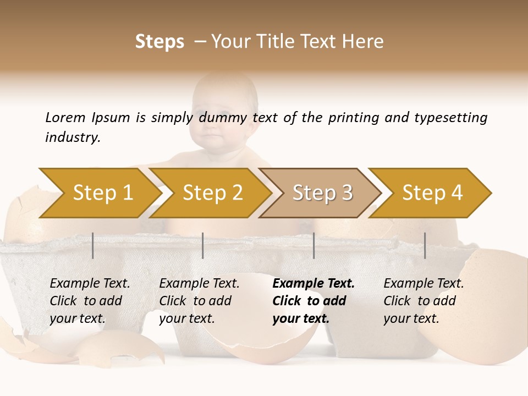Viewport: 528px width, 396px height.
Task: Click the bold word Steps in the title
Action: tap(159, 42)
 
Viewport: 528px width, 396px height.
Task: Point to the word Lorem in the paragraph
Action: tap(65, 117)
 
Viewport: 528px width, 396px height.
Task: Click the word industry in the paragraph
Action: tap(72, 137)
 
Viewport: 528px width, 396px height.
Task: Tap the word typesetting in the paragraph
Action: tap(450, 118)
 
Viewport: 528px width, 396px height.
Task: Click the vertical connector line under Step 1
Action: tap(93, 245)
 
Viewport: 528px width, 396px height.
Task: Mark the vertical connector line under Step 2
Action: tap(203, 245)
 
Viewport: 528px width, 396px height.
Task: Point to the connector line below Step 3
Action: tap(313, 245)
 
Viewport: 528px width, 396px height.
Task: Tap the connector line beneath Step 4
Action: tap(425, 245)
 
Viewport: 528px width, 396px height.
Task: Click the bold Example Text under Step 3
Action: tap(313, 284)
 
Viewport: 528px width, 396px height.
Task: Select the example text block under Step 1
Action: tap(90, 301)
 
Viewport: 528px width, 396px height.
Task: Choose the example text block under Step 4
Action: tap(424, 301)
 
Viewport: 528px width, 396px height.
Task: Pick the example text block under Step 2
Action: tap(199, 301)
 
